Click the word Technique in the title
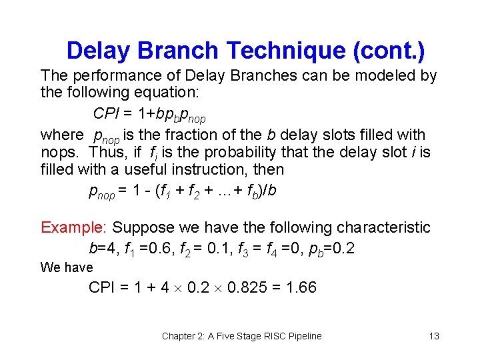point(285,51)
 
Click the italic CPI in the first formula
point(105,113)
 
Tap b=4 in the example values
point(101,249)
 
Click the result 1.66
point(301,287)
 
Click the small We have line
point(67,267)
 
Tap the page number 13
point(434,336)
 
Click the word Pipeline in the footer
point(303,336)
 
